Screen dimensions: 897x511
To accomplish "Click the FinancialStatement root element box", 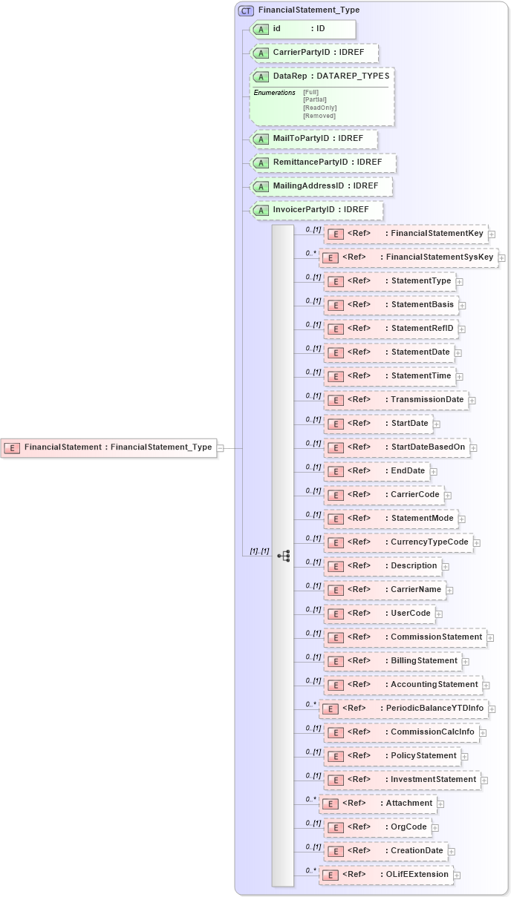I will pyautogui.click(x=109, y=447).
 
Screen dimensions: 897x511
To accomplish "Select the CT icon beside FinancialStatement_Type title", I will pyautogui.click(x=246, y=10).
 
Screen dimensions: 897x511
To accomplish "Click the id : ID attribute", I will pyautogui.click(x=304, y=29).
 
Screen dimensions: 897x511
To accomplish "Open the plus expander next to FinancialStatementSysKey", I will pyautogui.click(x=501, y=258).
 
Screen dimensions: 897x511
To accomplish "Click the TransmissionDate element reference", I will pyautogui.click(x=397, y=400).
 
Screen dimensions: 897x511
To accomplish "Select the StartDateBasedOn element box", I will pyautogui.click(x=397, y=447).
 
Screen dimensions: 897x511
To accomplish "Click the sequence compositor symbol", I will pyautogui.click(x=283, y=555).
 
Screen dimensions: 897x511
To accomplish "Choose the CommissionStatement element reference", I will pyautogui.click(x=406, y=637).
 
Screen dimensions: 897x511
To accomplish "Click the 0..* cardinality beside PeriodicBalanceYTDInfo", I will pyautogui.click(x=311, y=704).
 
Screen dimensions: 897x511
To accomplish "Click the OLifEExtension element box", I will pyautogui.click(x=386, y=875).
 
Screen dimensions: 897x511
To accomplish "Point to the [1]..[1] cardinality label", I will pyautogui.click(x=259, y=552).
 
